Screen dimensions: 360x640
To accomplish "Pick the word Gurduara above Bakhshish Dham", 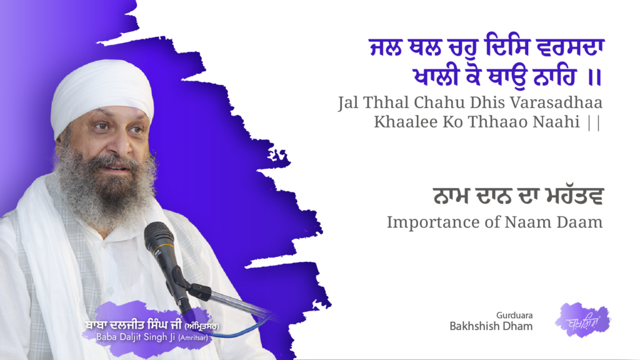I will (x=515, y=315).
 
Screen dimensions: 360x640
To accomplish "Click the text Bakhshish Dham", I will (x=491, y=326).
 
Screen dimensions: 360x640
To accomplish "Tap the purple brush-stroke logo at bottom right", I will (x=582, y=320).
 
